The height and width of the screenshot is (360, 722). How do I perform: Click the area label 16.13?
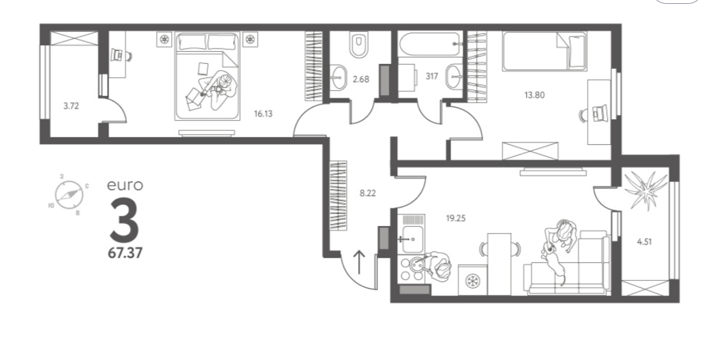[263, 114]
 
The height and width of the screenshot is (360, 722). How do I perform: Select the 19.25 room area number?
[455, 218]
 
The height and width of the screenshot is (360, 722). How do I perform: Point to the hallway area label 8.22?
[368, 193]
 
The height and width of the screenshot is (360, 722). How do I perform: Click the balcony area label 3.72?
[71, 106]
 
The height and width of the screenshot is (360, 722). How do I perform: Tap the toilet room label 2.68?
[361, 79]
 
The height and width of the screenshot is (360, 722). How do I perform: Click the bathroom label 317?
[432, 77]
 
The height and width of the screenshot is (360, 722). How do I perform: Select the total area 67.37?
[125, 253]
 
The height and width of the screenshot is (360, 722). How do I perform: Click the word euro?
[124, 186]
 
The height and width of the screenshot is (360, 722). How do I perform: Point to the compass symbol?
[69, 195]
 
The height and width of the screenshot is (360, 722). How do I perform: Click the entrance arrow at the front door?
[359, 262]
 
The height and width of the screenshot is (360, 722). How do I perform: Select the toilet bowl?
[359, 44]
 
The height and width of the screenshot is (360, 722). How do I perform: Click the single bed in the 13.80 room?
[545, 51]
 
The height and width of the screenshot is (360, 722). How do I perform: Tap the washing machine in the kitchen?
[472, 280]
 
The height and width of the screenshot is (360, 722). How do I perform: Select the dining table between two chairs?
[499, 264]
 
